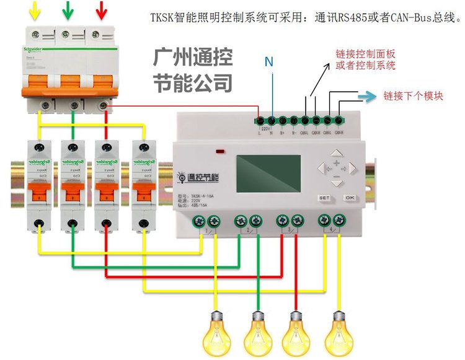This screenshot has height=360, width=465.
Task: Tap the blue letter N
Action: coord(268,61)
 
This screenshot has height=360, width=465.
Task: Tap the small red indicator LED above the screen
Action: coord(219,151)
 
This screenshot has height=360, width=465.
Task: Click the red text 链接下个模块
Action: coord(414,96)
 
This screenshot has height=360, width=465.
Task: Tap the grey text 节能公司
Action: coord(193,82)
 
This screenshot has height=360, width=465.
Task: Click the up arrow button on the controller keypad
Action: coord(335,152)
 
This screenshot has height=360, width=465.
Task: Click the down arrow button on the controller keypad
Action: coord(335,183)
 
